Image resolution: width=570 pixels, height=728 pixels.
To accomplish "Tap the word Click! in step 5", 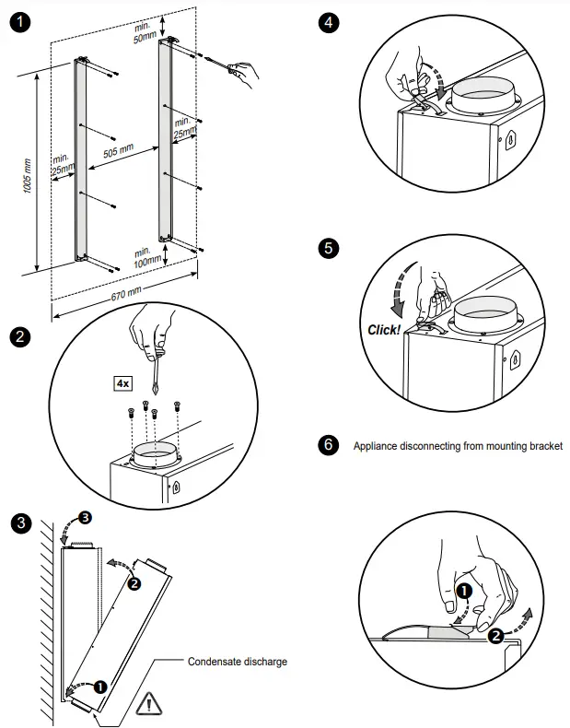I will pyautogui.click(x=384, y=329).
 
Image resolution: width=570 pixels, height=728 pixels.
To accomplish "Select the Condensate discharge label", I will pyautogui.click(x=238, y=661).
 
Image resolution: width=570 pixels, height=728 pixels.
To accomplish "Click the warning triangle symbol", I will pyautogui.click(x=147, y=706).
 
